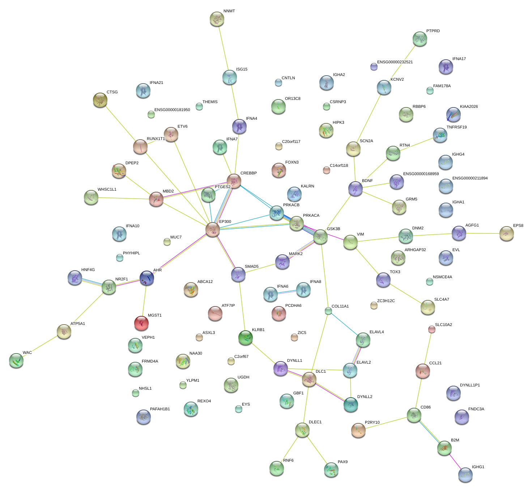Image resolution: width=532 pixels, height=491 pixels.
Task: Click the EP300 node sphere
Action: click(213, 229)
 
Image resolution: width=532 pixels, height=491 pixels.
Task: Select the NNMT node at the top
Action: click(217, 19)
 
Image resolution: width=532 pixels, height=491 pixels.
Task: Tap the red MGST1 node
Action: click(141, 323)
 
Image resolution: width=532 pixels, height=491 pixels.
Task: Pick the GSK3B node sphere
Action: click(320, 237)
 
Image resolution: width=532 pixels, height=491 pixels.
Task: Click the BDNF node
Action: click(356, 189)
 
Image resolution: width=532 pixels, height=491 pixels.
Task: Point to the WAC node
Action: click(16, 360)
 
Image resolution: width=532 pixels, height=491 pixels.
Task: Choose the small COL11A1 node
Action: click(328, 311)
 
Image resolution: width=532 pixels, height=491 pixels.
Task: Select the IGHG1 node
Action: click(465, 475)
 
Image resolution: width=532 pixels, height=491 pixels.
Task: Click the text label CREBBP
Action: click(248, 173)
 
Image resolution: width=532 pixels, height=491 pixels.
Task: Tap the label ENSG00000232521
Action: click(395, 62)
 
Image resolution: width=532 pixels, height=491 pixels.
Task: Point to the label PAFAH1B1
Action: click(160, 409)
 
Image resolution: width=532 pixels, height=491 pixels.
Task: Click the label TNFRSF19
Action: click(456, 127)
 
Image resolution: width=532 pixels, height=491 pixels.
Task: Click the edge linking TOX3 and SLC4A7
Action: click(405, 293)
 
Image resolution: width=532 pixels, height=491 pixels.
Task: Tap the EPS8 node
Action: click(507, 233)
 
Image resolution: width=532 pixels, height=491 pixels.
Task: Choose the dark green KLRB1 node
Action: click(246, 338)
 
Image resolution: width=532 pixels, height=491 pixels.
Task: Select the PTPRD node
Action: click(420, 39)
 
